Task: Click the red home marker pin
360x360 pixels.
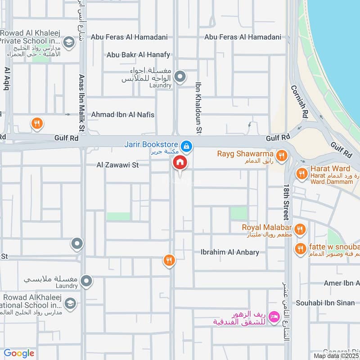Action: [x=180, y=163]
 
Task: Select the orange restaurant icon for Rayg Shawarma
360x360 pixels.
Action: [x=282, y=155]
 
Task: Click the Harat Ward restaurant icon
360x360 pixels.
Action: [x=301, y=173]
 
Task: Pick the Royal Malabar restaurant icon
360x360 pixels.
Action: [x=301, y=229]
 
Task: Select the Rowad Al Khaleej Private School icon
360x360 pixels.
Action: [x=69, y=43]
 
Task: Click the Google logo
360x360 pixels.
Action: [x=19, y=353]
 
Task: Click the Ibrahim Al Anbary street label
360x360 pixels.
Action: [x=230, y=252]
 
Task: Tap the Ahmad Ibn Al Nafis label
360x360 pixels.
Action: [x=122, y=115]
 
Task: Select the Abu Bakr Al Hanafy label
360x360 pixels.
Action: [x=138, y=55]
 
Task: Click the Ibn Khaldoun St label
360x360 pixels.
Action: [x=198, y=108]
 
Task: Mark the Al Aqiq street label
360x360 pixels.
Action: [x=6, y=79]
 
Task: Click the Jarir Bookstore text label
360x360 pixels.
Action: [x=151, y=144]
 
